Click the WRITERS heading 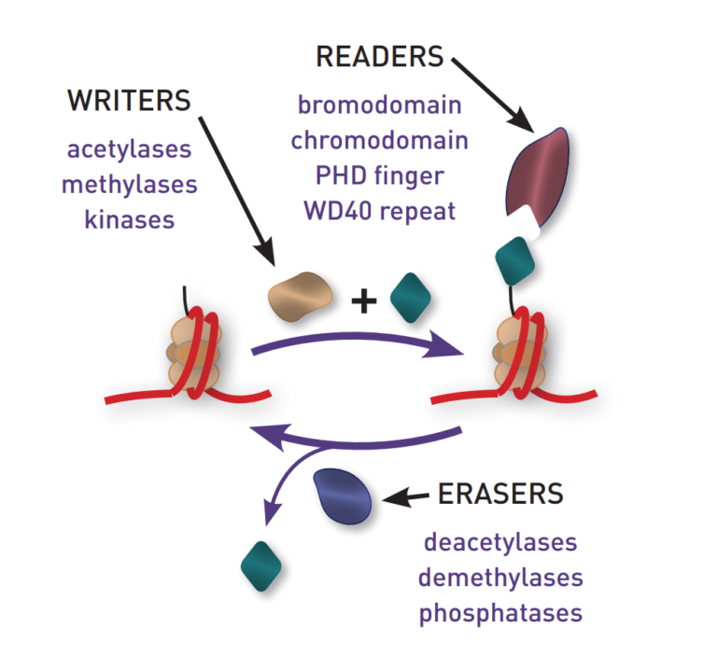tap(129, 102)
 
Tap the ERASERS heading tap(500, 493)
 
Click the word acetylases tap(130, 149)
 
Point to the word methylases tap(130, 184)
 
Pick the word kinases tap(130, 219)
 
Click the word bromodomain tap(379, 104)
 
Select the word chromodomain tap(379, 139)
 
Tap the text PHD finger tap(379, 175)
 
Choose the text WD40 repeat tap(379, 211)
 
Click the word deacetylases tap(500, 542)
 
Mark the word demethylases tap(500, 578)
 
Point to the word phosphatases tap(500, 614)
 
